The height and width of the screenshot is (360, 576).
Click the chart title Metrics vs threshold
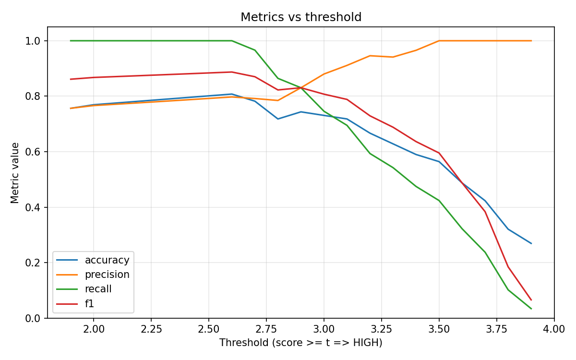(301, 17)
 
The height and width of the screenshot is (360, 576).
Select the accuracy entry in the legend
(107, 260)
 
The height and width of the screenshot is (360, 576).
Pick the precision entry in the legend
(107, 275)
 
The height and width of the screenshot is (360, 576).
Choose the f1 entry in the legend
(89, 303)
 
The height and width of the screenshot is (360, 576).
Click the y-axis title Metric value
(15, 173)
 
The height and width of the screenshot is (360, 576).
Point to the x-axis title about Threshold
(301, 343)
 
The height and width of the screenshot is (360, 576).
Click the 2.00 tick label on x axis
(93, 329)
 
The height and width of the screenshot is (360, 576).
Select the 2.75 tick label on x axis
(266, 329)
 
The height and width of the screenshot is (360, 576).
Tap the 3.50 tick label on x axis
(439, 329)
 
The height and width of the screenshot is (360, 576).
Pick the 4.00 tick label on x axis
(554, 329)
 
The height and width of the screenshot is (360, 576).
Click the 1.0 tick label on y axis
(36, 41)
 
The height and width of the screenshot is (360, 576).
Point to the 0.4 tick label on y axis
(36, 207)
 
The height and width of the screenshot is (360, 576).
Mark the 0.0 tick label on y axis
(36, 318)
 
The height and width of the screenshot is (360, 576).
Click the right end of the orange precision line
(531, 41)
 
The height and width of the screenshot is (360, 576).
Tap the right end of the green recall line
(531, 309)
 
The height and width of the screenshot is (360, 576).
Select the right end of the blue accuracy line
(531, 243)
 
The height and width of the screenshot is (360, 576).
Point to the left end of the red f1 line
(71, 79)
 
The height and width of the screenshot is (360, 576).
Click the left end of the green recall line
(71, 41)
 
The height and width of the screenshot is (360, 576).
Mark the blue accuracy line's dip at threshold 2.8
(278, 119)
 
